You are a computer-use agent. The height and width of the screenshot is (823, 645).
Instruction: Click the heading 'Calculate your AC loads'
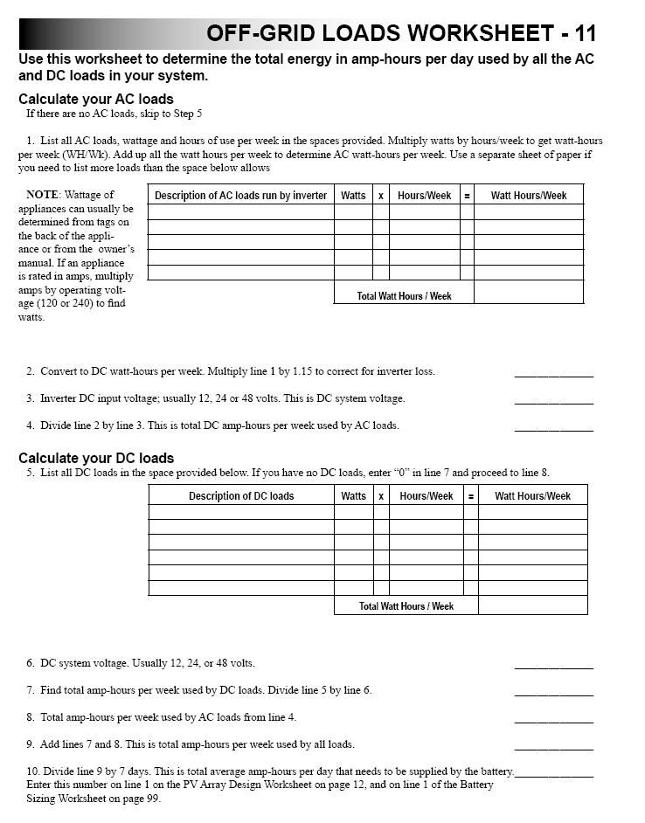point(96,99)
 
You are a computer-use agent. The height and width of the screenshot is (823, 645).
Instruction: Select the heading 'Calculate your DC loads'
point(96,458)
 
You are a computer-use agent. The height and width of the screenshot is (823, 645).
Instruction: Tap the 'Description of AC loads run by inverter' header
point(240,196)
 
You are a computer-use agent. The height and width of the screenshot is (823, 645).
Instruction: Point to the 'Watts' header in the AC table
point(353,196)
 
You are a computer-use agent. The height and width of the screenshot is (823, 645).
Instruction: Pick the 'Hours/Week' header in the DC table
point(427,496)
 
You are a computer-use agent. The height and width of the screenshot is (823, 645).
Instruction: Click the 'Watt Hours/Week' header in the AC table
point(529,196)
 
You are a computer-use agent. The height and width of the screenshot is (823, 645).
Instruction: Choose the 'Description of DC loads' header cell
point(241,496)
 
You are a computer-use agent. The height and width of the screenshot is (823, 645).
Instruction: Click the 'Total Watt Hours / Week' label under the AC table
point(404,296)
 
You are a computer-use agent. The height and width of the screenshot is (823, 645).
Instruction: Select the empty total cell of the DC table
point(532,605)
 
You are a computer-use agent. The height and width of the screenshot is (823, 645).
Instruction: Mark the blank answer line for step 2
point(553,375)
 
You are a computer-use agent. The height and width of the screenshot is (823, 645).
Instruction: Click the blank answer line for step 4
point(553,429)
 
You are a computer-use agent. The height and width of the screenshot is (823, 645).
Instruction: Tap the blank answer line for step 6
point(553,667)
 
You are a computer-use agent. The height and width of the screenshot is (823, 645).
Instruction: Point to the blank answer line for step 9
point(553,748)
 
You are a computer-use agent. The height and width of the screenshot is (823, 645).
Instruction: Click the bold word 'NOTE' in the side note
point(43,195)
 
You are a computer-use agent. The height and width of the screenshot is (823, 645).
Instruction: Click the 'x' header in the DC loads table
point(381,496)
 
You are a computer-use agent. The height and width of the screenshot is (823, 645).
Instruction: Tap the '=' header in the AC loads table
point(467,196)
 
